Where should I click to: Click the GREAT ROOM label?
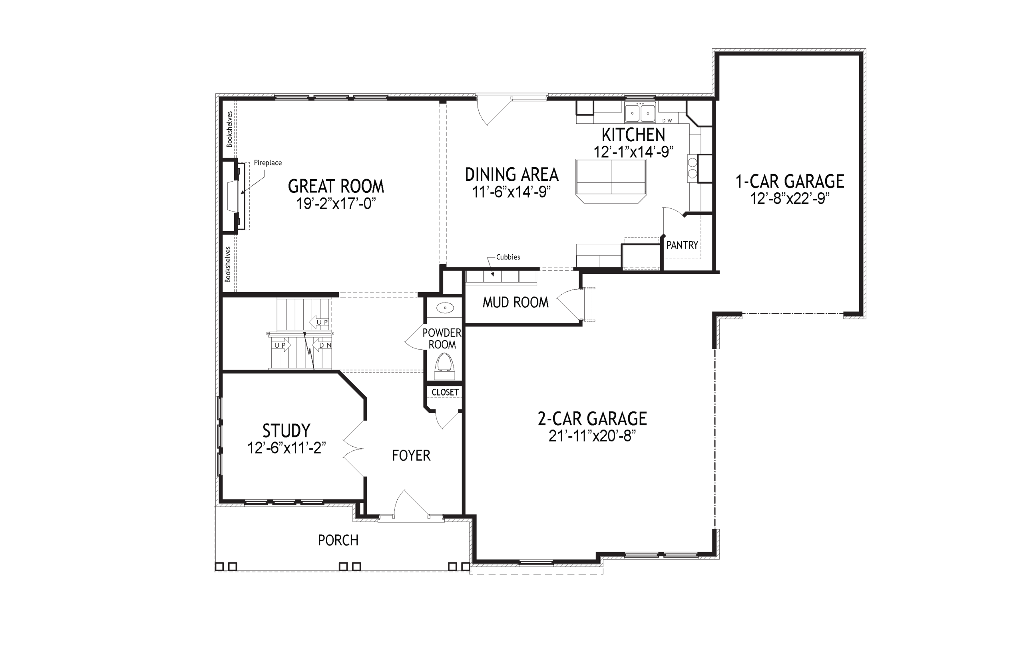coord(336,186)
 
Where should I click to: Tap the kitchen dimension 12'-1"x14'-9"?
coord(633,152)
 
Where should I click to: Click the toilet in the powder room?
coord(444,367)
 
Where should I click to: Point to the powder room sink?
coord(445,308)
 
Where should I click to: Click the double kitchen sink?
coord(640,113)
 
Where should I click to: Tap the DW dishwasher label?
coord(667,121)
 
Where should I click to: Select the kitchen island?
coord(611,181)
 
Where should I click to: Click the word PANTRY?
coord(682,245)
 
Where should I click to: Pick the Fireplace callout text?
coord(268,163)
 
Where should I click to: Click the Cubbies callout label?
coord(508,257)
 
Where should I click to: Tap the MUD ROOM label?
coord(515,303)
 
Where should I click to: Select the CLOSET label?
coord(445,392)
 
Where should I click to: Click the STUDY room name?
coord(286,431)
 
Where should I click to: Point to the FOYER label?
coord(411,455)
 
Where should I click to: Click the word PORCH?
coord(338,540)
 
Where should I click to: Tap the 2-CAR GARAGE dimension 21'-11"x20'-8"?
coord(592,436)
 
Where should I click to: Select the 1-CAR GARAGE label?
coord(790,182)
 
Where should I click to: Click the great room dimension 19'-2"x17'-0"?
coord(336,204)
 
